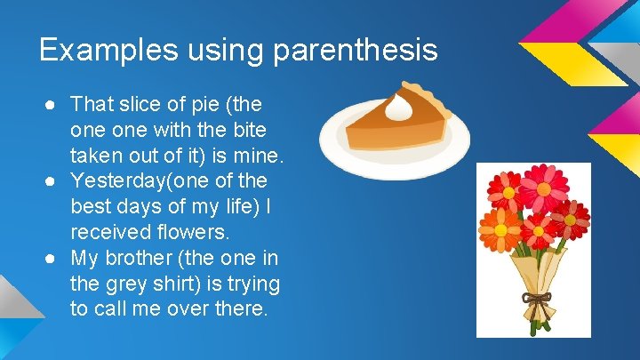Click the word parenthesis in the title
[356, 50]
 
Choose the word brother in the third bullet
[134, 259]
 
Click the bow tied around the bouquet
[537, 299]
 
